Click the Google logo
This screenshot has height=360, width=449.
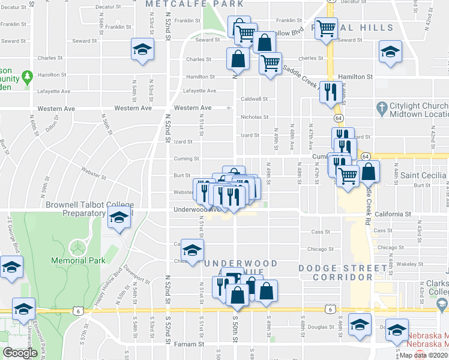click(x=20, y=353)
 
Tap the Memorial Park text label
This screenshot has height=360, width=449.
click(x=78, y=260)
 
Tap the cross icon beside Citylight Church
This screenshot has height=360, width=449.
click(x=379, y=109)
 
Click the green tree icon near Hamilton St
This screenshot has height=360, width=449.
click(x=26, y=77)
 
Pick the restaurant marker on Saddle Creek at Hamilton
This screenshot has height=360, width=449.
click(x=330, y=92)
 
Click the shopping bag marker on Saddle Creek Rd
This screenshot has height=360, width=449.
click(x=369, y=173)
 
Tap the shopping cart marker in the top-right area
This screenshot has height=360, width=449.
click(x=326, y=28)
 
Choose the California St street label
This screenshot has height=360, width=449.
click(x=392, y=214)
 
